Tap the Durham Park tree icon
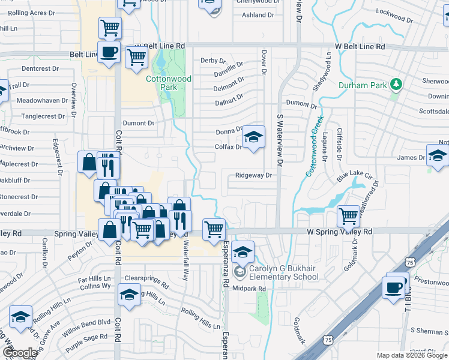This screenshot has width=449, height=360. click(x=396, y=85)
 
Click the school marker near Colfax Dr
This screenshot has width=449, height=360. click(x=253, y=137)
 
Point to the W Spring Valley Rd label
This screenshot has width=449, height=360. click(x=339, y=231)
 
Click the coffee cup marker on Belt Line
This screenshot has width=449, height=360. click(x=109, y=53)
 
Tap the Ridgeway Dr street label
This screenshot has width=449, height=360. click(x=254, y=176)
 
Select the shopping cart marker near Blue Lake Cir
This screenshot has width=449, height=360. click(x=348, y=216)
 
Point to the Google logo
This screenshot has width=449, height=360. click(x=20, y=352)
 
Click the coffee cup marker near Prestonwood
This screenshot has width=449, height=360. click(x=395, y=288)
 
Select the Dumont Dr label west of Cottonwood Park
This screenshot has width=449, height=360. click(x=139, y=123)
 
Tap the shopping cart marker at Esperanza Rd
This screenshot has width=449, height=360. click(x=214, y=229)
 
